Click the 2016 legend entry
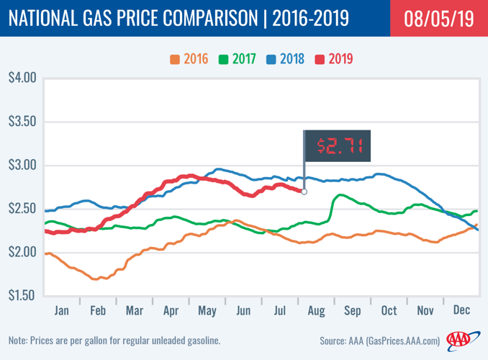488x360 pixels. tap(189, 58)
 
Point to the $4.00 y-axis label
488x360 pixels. tap(21, 78)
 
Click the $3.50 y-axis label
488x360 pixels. tap(21, 122)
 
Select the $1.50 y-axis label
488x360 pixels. tap(21, 296)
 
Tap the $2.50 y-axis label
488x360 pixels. tap(21, 209)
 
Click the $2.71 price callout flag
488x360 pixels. tap(337, 146)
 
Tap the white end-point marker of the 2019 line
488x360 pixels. tap(304, 192)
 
